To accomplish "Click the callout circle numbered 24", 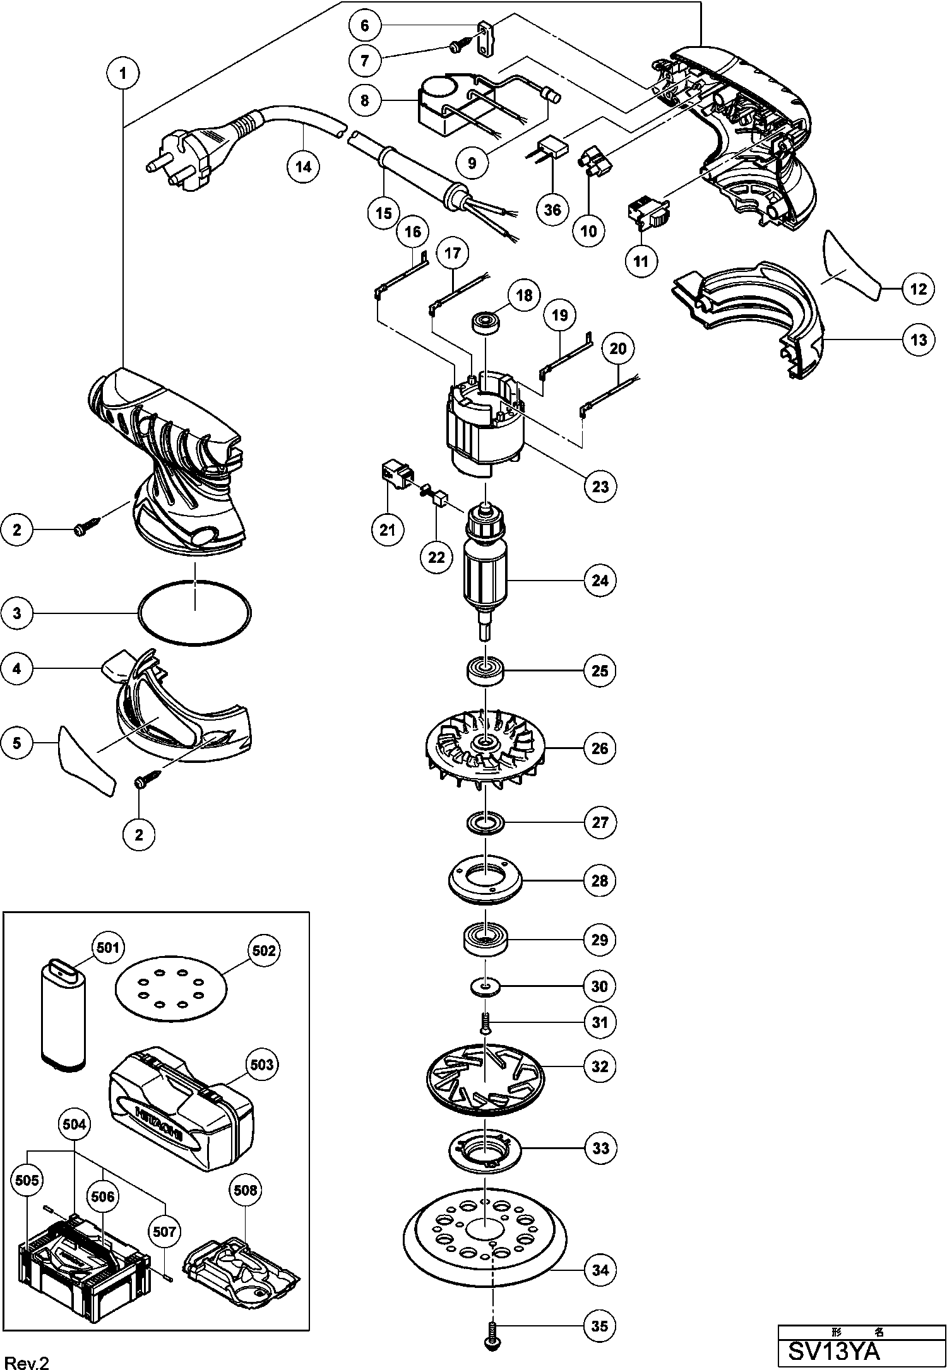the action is coord(600,580).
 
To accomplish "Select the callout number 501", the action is coord(108,948).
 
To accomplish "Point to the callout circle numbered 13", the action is coord(918,340).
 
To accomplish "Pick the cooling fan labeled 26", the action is coord(485,748).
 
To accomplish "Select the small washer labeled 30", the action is coord(485,986).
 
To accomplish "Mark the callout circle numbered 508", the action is coord(246,1190).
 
